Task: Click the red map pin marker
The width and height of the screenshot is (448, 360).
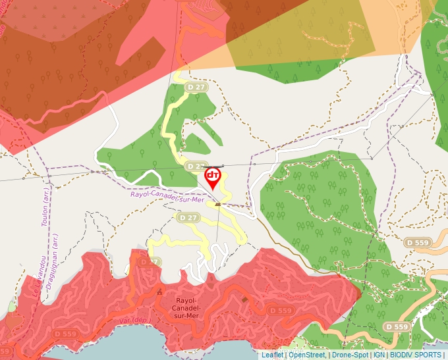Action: tap(213, 177)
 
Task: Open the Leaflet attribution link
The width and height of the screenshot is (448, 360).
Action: tap(272, 355)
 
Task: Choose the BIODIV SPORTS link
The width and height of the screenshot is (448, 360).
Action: tap(416, 355)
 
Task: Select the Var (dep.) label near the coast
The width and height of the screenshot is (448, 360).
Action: tap(133, 321)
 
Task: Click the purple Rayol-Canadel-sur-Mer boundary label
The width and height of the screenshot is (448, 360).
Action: tap(167, 195)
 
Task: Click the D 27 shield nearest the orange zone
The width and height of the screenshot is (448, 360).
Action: tap(196, 87)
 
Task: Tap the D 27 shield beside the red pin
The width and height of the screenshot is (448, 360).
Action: tap(196, 166)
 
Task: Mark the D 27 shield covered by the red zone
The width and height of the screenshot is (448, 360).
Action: tap(149, 262)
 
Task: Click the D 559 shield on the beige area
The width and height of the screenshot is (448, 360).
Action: tap(418, 242)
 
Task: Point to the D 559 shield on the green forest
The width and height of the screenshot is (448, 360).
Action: tap(397, 326)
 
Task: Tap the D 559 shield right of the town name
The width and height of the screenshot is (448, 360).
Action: tap(281, 311)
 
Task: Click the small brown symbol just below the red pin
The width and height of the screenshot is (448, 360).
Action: tap(218, 204)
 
